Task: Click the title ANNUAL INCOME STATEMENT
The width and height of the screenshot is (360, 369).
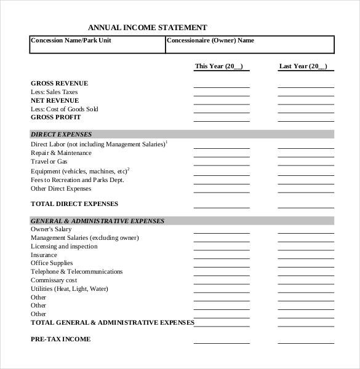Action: coord(147,27)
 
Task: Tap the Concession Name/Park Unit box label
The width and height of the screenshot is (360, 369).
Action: coord(71,41)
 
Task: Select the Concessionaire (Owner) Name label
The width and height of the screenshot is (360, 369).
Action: coord(210,41)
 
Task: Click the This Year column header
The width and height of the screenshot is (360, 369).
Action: coord(219,66)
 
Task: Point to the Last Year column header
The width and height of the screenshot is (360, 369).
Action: coord(303,66)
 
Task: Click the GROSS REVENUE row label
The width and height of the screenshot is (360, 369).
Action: coord(59,83)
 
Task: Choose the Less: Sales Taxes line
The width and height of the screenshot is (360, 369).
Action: coord(54,92)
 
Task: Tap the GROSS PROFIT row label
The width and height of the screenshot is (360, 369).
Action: coord(55,117)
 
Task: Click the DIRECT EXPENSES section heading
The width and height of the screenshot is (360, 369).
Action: coord(61,134)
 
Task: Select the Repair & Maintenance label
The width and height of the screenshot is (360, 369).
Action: coord(61,153)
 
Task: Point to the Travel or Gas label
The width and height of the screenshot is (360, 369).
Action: coord(49,161)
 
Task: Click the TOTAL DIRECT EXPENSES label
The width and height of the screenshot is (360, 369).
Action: coord(74,204)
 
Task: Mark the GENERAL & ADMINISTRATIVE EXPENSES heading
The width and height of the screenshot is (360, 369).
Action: coord(97,221)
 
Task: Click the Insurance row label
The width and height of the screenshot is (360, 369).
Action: coord(44,255)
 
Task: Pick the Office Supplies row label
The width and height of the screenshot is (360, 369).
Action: coord(52,263)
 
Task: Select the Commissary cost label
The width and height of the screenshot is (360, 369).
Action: coord(55,280)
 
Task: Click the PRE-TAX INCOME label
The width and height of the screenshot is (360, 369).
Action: coord(60,339)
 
